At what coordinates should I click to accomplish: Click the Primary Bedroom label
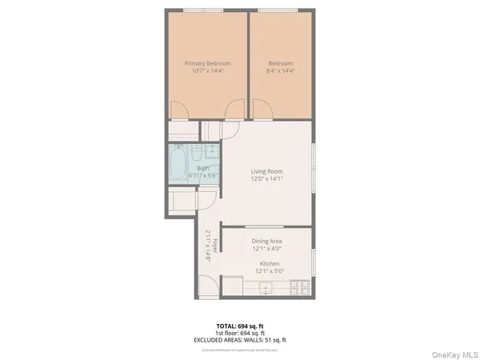(207, 63)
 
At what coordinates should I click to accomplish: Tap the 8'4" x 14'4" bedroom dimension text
(280, 71)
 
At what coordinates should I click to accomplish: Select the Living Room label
(266, 171)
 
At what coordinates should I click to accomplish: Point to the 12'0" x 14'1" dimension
(266, 179)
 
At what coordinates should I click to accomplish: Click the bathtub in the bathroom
(177, 166)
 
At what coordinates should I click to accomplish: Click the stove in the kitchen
(301, 286)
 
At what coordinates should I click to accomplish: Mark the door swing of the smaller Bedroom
(260, 110)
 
